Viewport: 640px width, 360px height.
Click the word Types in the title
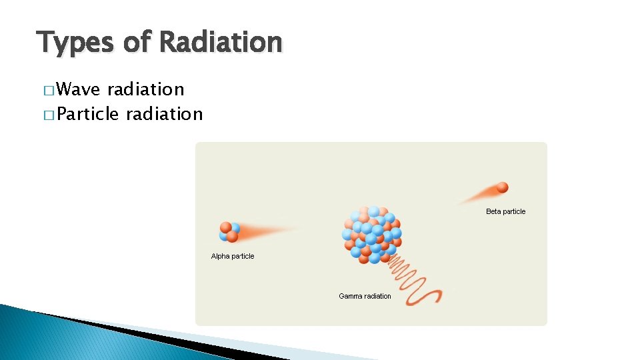75,42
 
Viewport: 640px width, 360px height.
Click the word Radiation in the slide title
221,42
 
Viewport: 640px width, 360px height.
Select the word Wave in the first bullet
79,89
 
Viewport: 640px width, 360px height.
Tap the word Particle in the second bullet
87,114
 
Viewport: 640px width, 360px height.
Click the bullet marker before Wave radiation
49,90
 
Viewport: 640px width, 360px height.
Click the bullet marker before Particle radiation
49,115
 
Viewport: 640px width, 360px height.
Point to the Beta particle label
505,211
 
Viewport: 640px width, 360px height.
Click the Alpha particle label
233,256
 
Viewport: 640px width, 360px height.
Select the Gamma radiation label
365,296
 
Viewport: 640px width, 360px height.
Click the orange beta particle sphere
502,187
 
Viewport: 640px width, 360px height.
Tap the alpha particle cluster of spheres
229,231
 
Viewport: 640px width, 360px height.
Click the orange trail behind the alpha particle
267,232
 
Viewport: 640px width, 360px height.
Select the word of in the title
137,42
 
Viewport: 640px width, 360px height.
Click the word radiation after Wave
145,89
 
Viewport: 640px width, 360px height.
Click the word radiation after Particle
164,114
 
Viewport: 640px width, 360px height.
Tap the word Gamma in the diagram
351,296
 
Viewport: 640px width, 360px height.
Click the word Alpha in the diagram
220,256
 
